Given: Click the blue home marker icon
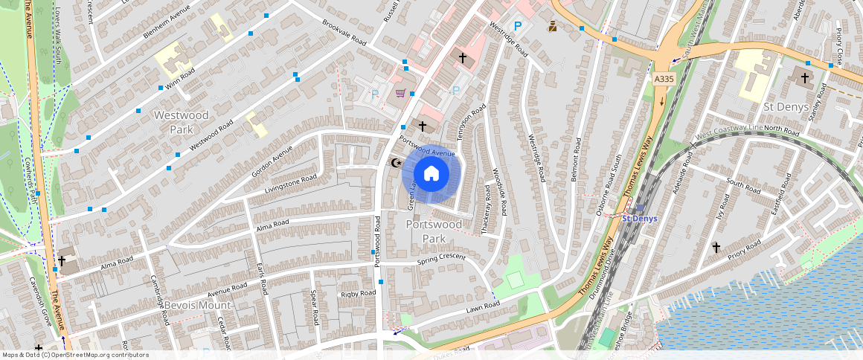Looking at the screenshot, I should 431,174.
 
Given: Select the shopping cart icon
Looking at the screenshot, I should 400,93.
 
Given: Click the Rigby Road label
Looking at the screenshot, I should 359,295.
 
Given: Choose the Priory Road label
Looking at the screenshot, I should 745,252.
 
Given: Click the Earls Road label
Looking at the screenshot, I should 261,279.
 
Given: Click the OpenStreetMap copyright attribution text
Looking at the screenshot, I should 75,355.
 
